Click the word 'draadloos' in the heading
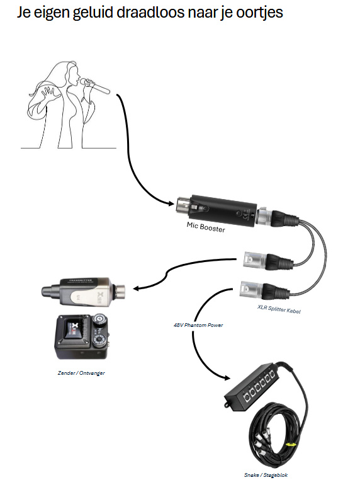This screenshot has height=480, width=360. click(x=150, y=13)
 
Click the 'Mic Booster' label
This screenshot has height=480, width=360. click(x=206, y=227)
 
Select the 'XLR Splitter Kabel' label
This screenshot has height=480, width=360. click(x=279, y=309)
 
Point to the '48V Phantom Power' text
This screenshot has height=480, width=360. click(x=198, y=325)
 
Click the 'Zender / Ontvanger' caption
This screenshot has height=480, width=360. click(x=81, y=373)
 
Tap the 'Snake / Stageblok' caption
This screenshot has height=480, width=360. click(x=266, y=475)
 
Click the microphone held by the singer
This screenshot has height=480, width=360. click(x=95, y=86)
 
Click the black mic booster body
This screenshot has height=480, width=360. click(x=223, y=210)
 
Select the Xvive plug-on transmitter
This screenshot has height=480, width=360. click(x=83, y=291)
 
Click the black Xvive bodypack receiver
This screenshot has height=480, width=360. click(x=82, y=336)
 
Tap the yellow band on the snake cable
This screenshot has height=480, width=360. click(x=291, y=444)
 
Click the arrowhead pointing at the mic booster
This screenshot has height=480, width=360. click(x=170, y=203)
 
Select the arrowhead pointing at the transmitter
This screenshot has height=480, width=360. click(x=137, y=288)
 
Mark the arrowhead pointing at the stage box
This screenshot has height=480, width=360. click(x=227, y=378)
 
